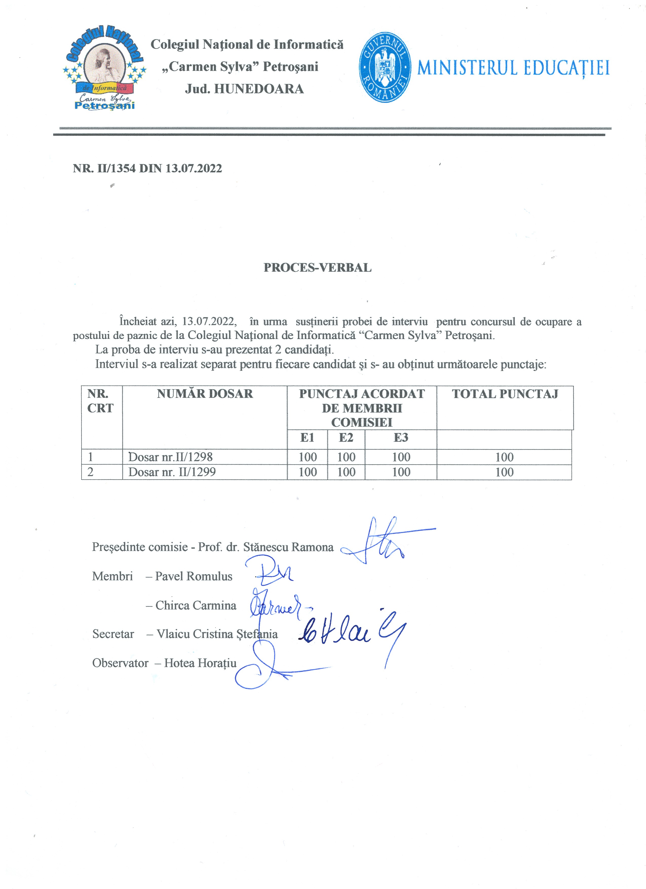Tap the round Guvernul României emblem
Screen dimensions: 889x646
385,67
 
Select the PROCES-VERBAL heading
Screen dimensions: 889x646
317,268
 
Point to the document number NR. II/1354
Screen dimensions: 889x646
147,169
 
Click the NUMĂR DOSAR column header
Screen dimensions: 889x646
205,394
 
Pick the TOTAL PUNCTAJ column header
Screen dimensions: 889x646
505,394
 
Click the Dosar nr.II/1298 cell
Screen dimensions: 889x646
170,457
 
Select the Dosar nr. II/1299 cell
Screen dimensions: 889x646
172,472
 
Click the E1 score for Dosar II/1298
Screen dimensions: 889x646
308,457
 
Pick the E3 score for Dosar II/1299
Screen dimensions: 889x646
401,472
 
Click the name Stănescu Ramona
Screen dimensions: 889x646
288,547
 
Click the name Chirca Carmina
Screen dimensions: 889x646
196,606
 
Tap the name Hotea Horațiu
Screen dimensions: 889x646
200,663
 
